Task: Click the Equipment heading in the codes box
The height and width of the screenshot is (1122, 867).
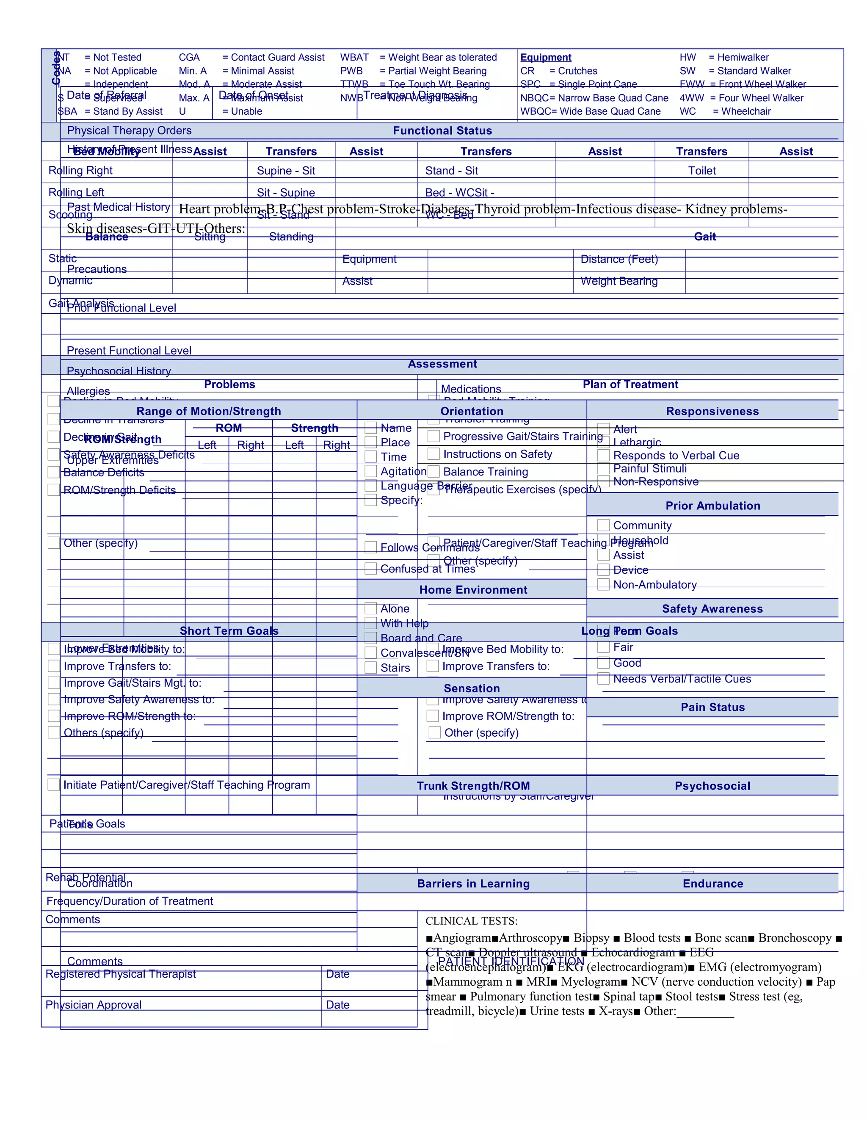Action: [545, 58]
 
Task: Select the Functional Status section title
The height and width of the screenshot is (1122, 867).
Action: [442, 130]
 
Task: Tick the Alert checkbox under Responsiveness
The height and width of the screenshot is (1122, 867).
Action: [604, 429]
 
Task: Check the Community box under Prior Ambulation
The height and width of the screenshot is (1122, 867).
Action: [604, 525]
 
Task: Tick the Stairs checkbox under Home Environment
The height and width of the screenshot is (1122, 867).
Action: [371, 667]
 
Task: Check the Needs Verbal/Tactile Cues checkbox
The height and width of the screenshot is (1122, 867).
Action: [604, 679]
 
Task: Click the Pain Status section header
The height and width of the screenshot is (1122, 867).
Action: [712, 707]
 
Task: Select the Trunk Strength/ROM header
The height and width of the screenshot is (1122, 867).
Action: [473, 785]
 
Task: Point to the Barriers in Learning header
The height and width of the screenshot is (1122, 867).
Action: [473, 883]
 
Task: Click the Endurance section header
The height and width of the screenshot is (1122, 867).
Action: [712, 883]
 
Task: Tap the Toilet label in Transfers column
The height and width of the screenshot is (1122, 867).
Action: [701, 171]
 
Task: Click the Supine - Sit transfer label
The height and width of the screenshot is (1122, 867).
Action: [286, 171]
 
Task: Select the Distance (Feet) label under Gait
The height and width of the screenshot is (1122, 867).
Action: [619, 259]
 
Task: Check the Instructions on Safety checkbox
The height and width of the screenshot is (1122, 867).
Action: [433, 453]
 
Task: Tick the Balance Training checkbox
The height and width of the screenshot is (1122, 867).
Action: [433, 472]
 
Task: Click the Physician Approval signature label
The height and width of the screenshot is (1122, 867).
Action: [94, 1004]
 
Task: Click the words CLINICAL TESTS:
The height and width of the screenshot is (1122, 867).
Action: [471, 920]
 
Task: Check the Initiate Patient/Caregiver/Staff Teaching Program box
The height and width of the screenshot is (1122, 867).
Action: [53, 785]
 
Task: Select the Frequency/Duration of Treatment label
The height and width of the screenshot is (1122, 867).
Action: [130, 901]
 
